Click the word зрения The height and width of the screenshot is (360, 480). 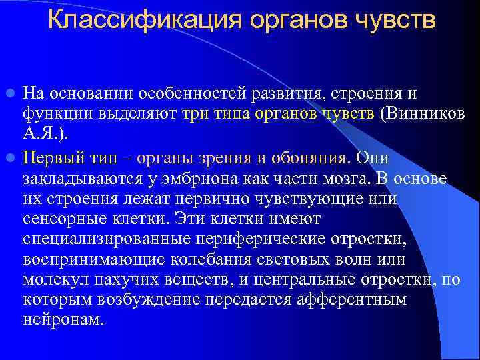(x=210, y=158)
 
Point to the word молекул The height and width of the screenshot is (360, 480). (x=52, y=281)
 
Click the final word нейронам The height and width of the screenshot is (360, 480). (x=63, y=319)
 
